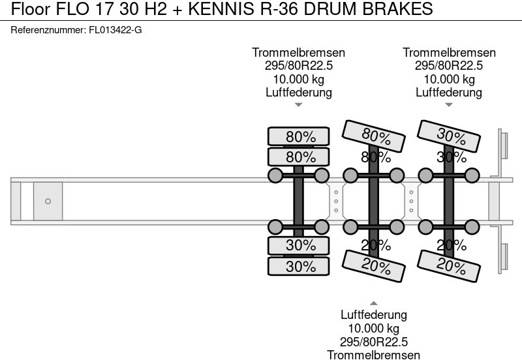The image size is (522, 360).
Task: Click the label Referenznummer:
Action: (48, 30)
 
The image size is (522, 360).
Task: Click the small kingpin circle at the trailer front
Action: (48, 202)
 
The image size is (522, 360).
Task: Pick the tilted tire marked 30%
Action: (450, 136)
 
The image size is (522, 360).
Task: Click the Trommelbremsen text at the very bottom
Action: (373, 354)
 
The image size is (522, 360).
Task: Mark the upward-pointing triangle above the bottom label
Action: (373, 303)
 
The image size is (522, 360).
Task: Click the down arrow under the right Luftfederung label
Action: (449, 104)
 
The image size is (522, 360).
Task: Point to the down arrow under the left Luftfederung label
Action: (299, 104)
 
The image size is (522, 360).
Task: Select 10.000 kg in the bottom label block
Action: (373, 328)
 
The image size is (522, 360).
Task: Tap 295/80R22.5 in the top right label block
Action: (449, 66)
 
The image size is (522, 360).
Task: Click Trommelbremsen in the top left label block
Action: (299, 53)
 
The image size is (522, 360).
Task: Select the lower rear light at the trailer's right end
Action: (504, 258)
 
